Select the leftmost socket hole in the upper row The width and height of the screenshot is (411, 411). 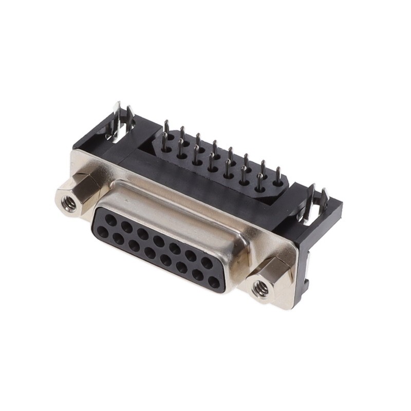(109, 218)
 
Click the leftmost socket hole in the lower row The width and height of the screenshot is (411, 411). (103, 232)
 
